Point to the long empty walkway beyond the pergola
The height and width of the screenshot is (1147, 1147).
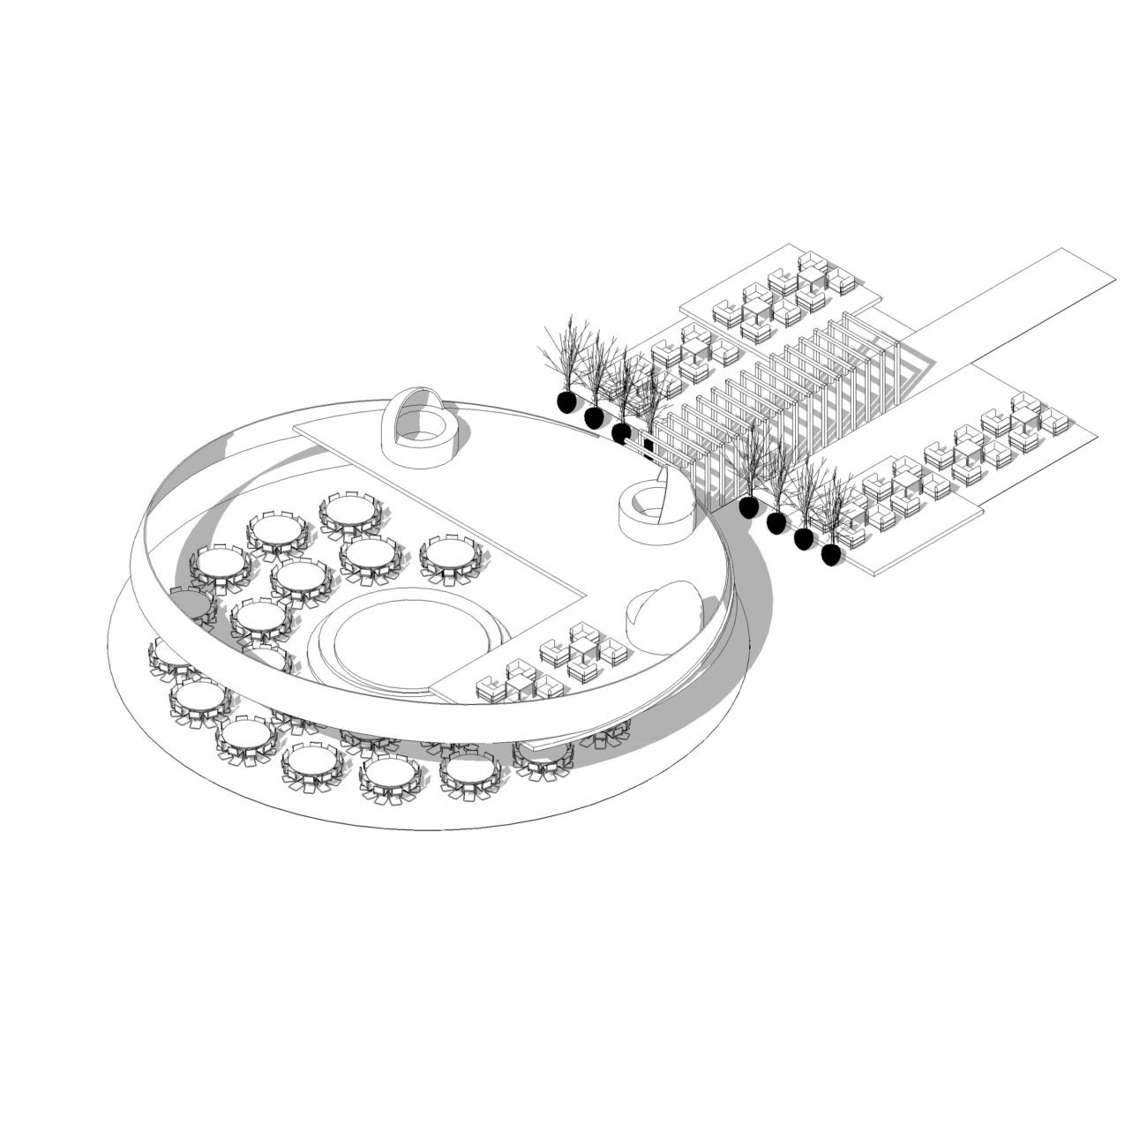click(1015, 304)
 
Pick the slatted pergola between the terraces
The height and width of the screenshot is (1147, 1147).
click(785, 401)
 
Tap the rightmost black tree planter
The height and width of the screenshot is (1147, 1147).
click(831, 554)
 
